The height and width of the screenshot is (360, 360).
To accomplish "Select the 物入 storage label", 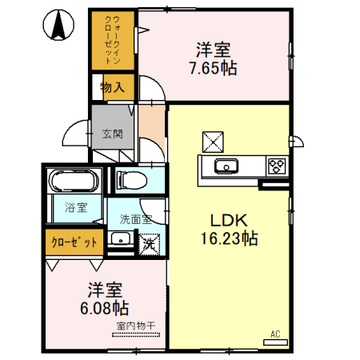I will point(111,87).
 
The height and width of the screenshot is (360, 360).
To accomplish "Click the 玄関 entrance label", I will point(111,134).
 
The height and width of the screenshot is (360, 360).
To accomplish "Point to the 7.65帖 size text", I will point(212,68).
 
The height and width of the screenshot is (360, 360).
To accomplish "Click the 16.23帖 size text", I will point(228,238).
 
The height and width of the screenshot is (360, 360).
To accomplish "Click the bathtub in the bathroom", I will point(72,182).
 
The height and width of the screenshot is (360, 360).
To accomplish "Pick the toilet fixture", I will point(133,180).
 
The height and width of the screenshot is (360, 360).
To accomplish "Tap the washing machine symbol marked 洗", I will point(149,240).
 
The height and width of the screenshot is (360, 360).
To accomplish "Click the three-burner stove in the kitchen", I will point(277,166).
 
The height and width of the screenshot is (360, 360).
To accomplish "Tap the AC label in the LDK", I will point(274,334).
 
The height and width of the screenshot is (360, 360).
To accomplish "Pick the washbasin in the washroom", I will point(119,238).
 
